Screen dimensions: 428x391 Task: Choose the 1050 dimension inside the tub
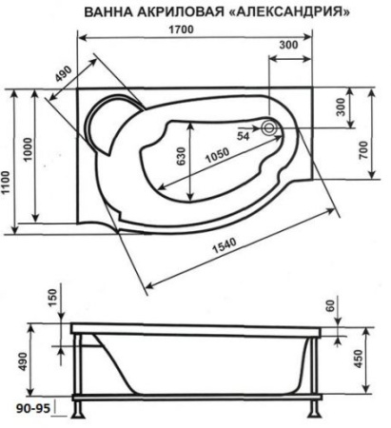click(222, 156)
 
